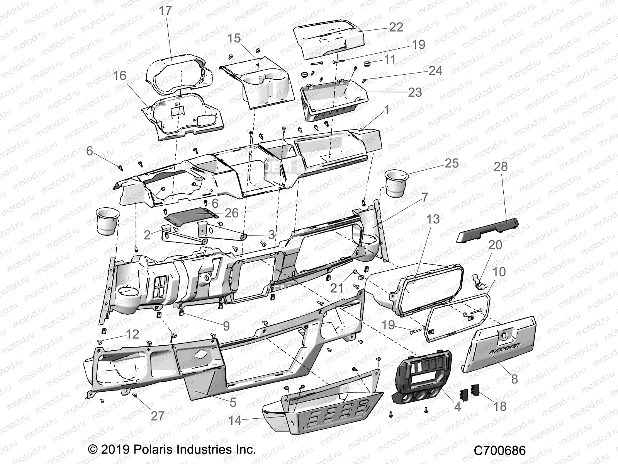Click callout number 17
coord(165,11)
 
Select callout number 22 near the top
coord(396,27)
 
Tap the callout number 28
coord(501,167)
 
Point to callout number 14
coord(235,420)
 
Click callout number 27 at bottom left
coord(158,416)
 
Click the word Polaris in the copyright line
coord(154,450)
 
